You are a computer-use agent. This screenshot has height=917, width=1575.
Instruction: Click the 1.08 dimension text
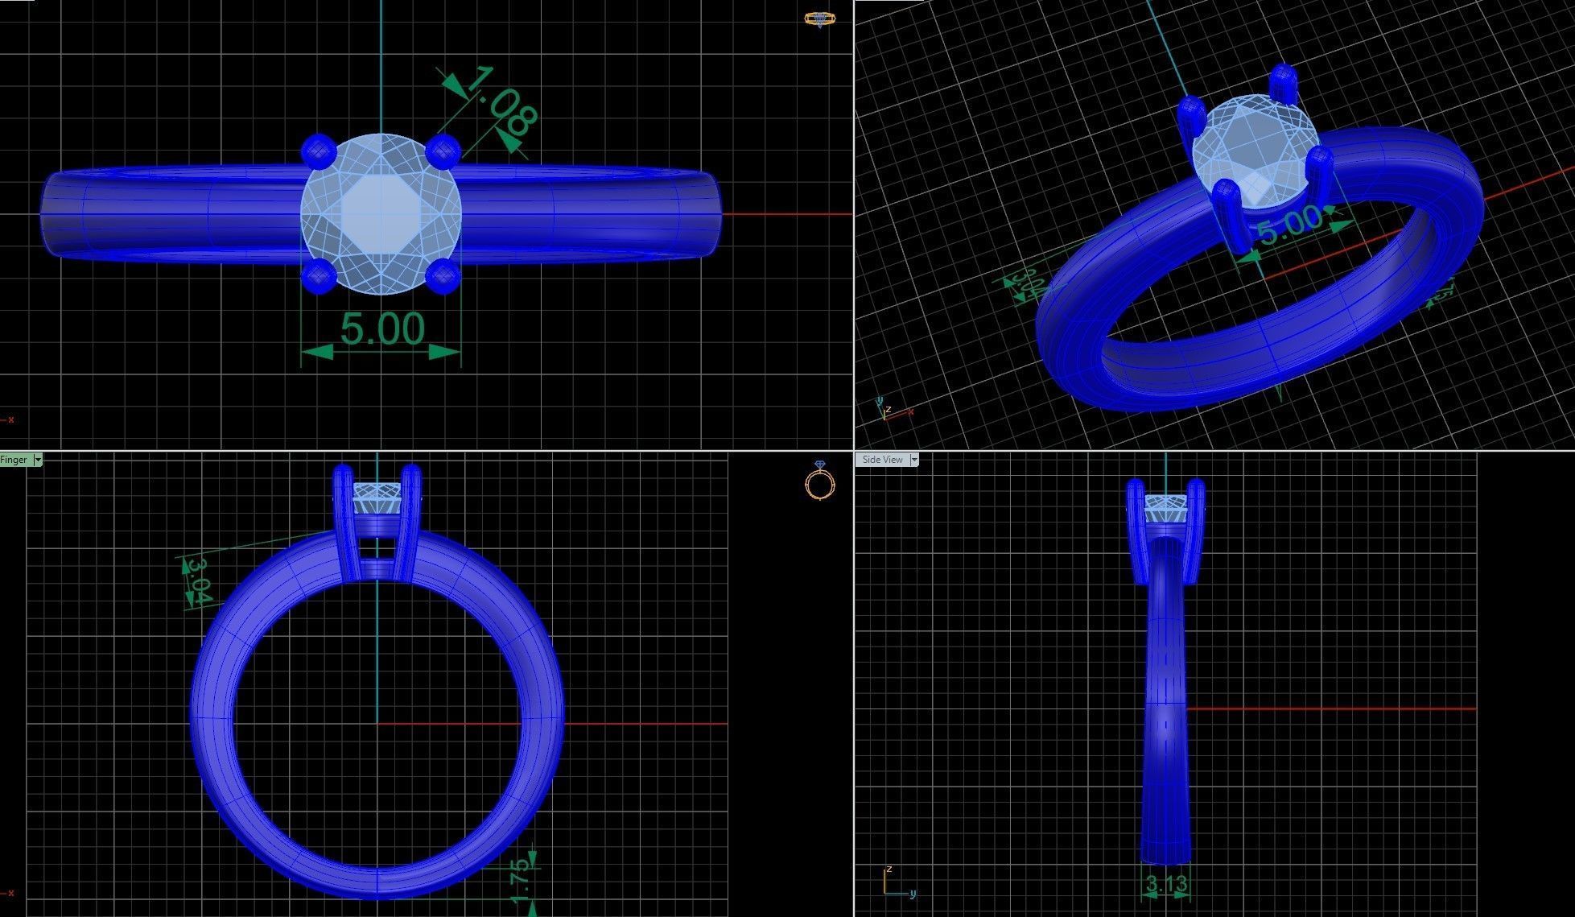(500, 101)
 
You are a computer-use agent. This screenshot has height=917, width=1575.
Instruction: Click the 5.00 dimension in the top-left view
(382, 328)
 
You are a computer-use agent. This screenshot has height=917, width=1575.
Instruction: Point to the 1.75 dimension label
(521, 881)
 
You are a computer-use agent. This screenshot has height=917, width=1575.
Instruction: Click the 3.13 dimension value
(1166, 884)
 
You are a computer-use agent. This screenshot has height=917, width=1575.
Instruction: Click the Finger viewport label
(14, 460)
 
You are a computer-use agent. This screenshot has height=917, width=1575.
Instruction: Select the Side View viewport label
(882, 460)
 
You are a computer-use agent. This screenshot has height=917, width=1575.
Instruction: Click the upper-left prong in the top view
(317, 150)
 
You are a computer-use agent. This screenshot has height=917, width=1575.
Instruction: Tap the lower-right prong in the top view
(442, 277)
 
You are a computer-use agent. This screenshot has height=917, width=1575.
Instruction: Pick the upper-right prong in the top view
(443, 150)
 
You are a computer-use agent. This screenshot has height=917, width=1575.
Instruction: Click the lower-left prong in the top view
(317, 277)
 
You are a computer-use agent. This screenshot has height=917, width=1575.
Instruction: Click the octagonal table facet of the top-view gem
(381, 213)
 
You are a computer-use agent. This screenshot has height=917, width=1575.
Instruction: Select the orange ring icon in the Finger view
(819, 483)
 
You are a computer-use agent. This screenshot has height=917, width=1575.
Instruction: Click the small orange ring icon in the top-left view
(819, 19)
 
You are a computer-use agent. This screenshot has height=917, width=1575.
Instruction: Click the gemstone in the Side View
(1166, 510)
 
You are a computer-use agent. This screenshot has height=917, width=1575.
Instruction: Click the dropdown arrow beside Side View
(913, 460)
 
